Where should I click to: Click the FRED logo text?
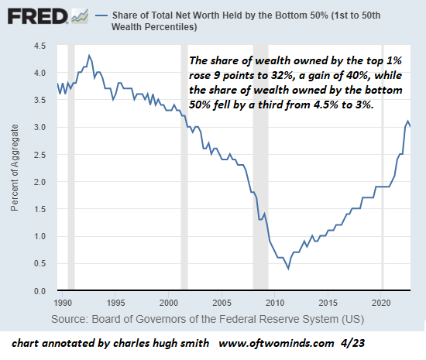38,16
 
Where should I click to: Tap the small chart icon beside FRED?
80,16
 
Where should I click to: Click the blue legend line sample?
101,15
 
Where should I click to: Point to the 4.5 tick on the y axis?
40,46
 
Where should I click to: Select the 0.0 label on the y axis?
40,291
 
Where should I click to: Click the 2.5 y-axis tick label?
40,155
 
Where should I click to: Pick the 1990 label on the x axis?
63,303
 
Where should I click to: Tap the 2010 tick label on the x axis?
275,303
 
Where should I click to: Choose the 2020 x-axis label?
381,303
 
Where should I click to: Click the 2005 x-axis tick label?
222,303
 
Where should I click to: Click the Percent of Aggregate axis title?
15,168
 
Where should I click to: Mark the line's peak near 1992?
89,56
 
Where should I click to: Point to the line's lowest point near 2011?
288,269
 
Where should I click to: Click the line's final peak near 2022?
407,121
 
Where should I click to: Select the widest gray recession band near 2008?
260,166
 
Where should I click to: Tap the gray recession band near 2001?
184,166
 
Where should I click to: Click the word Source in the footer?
70,319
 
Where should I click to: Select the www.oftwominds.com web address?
276,344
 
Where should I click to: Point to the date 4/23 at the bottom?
352,343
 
